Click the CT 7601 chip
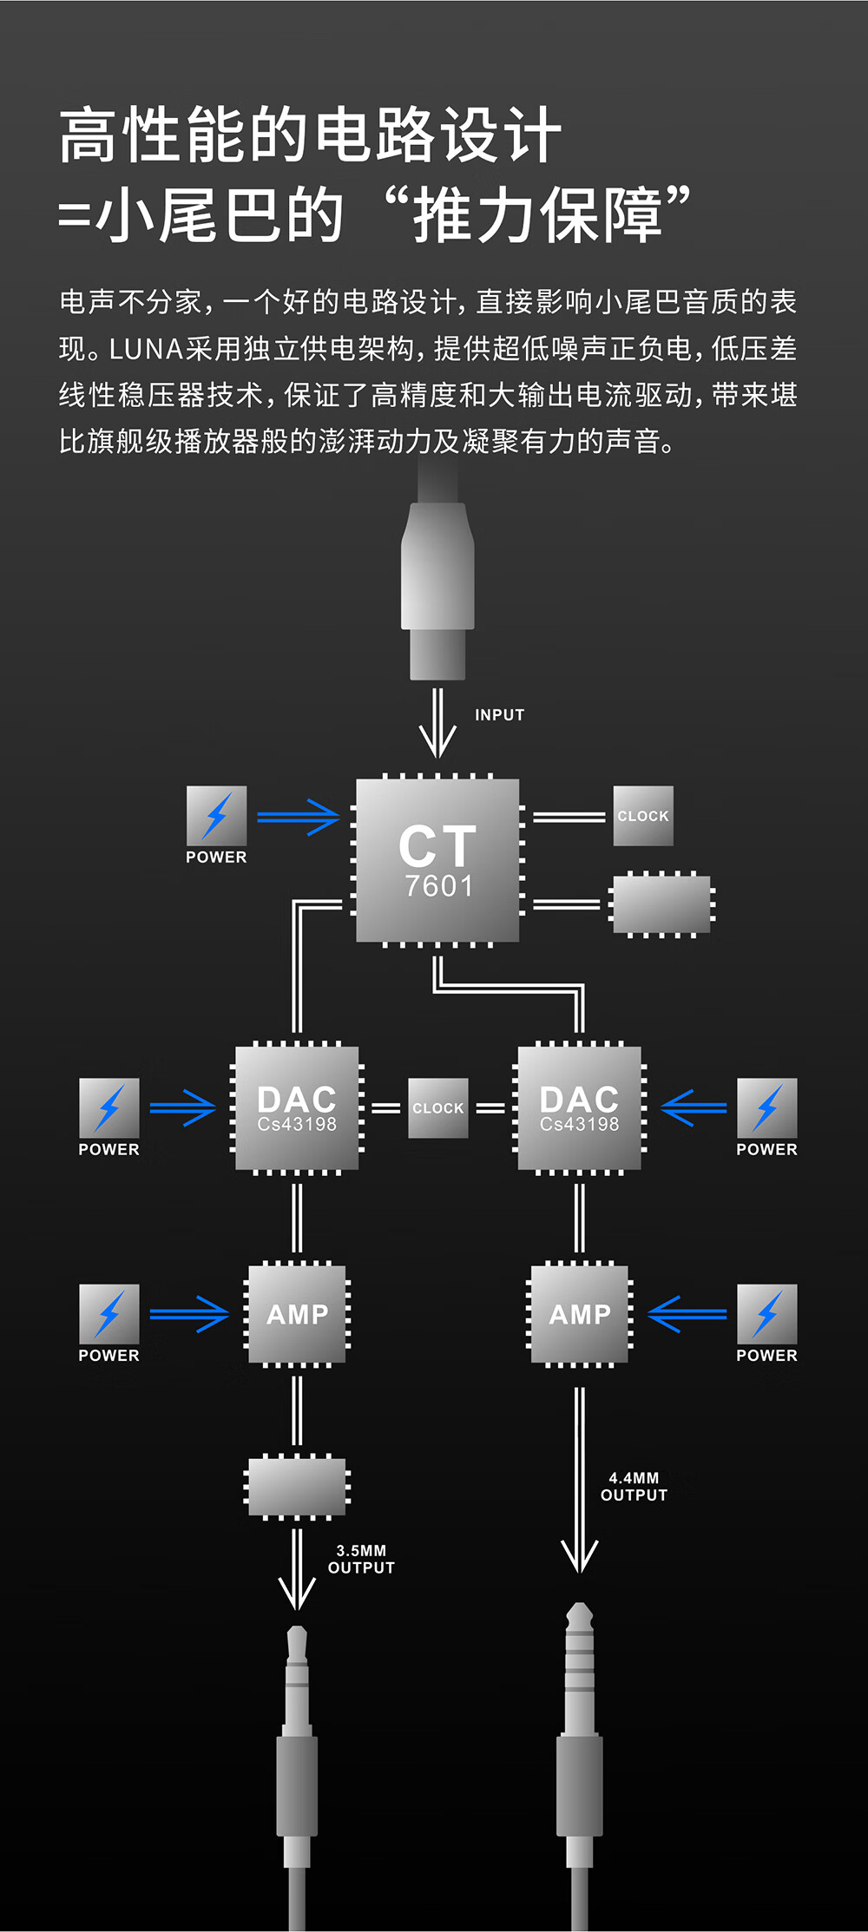437,859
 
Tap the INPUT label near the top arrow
499,715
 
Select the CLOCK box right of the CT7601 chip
643,816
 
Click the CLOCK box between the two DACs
438,1107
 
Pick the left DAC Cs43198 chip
297,1108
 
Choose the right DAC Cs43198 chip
579,1108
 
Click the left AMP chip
297,1314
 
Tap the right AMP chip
579,1314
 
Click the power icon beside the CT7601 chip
217,816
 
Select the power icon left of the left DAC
109,1107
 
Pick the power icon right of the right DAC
766,1107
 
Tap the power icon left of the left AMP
109,1313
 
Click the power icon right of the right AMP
766,1313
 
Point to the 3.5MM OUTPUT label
361,1559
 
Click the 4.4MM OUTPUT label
634,1486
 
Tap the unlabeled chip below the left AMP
297,1487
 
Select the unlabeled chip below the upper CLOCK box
661,904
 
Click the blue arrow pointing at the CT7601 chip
298,817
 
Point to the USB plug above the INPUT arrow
437,590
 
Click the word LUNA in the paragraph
147,349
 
